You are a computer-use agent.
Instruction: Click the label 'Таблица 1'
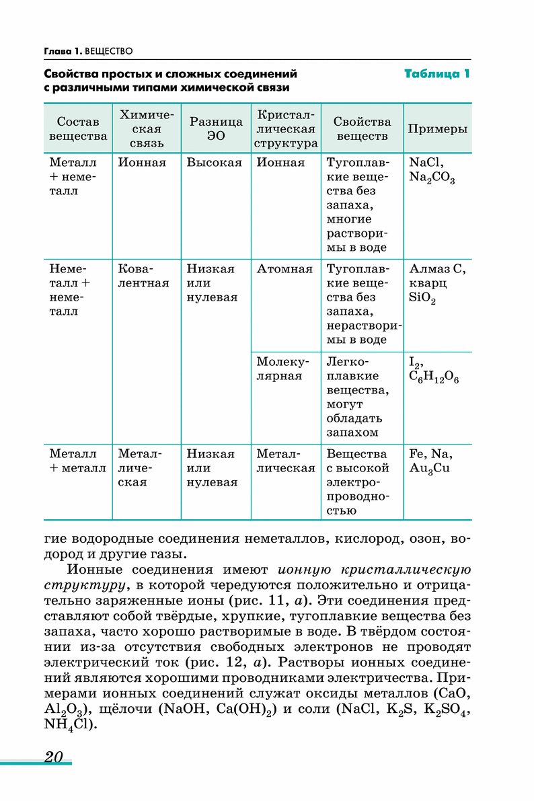coord(436,74)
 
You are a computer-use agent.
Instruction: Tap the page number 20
coord(53,757)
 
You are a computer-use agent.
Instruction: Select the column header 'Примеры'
coord(437,129)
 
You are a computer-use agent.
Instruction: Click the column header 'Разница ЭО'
coord(215,128)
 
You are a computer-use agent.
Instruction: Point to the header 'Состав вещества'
coord(78,128)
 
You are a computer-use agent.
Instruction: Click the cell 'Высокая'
coord(214,163)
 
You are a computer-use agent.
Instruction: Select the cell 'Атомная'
coord(284,269)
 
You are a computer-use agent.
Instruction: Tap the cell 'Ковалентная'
coord(143,276)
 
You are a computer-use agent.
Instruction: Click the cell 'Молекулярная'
coord(279,369)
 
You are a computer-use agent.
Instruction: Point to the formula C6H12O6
coord(434,377)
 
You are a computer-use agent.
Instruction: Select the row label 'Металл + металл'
coord(77,461)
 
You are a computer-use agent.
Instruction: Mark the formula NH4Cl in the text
coord(70,725)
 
